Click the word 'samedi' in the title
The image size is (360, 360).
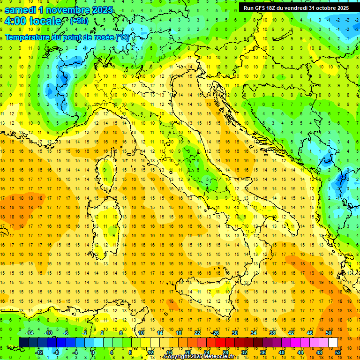click(21, 10)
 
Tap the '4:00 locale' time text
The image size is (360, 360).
click(33, 21)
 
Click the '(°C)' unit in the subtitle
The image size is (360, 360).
click(122, 37)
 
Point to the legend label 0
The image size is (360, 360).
click(93, 352)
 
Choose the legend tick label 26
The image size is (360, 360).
click(216, 333)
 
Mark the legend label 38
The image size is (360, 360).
click(272, 333)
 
